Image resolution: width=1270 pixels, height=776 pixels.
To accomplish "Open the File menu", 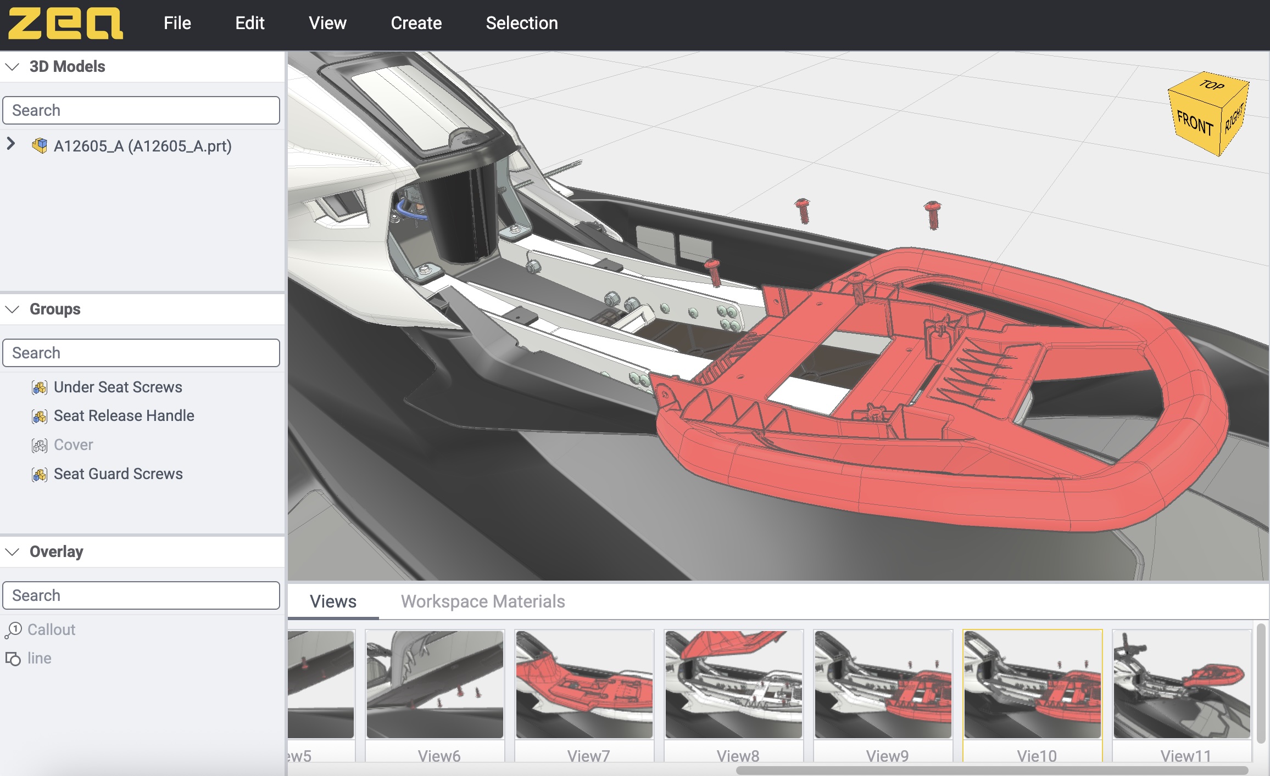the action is point(177,23).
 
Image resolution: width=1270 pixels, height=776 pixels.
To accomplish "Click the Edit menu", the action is point(250,23).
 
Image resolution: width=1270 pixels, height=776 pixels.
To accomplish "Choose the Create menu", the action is point(416,23).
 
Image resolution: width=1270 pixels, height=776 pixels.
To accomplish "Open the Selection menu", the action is point(522,23).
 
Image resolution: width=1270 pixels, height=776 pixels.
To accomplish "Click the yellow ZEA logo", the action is point(65,23).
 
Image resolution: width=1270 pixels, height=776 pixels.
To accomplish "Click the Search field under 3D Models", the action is point(141,110).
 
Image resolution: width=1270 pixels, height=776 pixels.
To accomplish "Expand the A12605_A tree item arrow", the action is point(11,144).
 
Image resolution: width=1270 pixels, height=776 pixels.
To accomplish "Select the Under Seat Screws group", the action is point(118,387).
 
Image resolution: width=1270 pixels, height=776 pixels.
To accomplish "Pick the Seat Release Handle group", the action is point(124,415).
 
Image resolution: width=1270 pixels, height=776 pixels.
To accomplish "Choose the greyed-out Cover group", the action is point(73,445).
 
